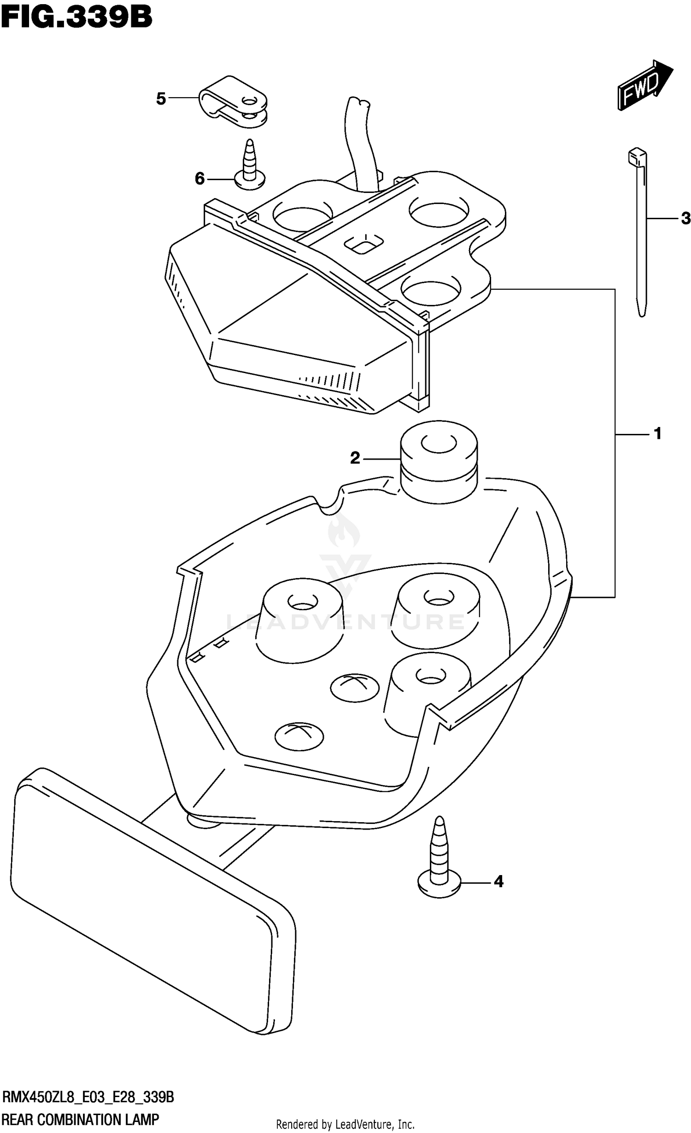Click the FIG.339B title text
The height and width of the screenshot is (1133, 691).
pos(76,18)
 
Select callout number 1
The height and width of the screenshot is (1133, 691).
pos(657,433)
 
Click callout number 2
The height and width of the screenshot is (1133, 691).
pos(355,458)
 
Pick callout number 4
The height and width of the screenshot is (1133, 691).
pos(498,882)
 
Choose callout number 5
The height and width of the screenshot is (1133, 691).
pos(161,98)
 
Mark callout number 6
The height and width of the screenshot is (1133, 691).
pos(199,178)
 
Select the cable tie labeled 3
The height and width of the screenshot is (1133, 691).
pos(638,230)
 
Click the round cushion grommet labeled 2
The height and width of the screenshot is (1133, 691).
pos(438,461)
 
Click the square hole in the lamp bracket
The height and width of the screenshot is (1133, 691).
pos(365,244)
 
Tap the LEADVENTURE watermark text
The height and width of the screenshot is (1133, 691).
pos(345,622)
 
